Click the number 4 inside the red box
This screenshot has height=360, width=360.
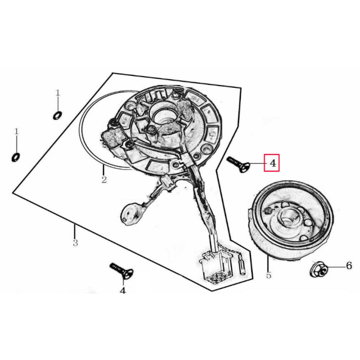[x=273, y=163]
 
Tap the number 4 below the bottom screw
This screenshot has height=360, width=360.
[x=123, y=291]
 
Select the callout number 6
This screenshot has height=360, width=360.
[x=349, y=265]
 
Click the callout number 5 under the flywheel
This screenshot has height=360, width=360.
[x=269, y=275]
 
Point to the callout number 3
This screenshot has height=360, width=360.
[x=75, y=242]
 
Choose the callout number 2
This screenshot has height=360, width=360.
[x=104, y=180]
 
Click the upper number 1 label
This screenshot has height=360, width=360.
[x=57, y=93]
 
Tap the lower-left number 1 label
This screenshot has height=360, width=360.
[x=16, y=132]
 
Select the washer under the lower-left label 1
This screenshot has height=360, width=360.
[x=16, y=157]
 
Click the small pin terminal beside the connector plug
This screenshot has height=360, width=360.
[x=242, y=265]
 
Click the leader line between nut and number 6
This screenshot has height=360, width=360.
[x=336, y=267]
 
